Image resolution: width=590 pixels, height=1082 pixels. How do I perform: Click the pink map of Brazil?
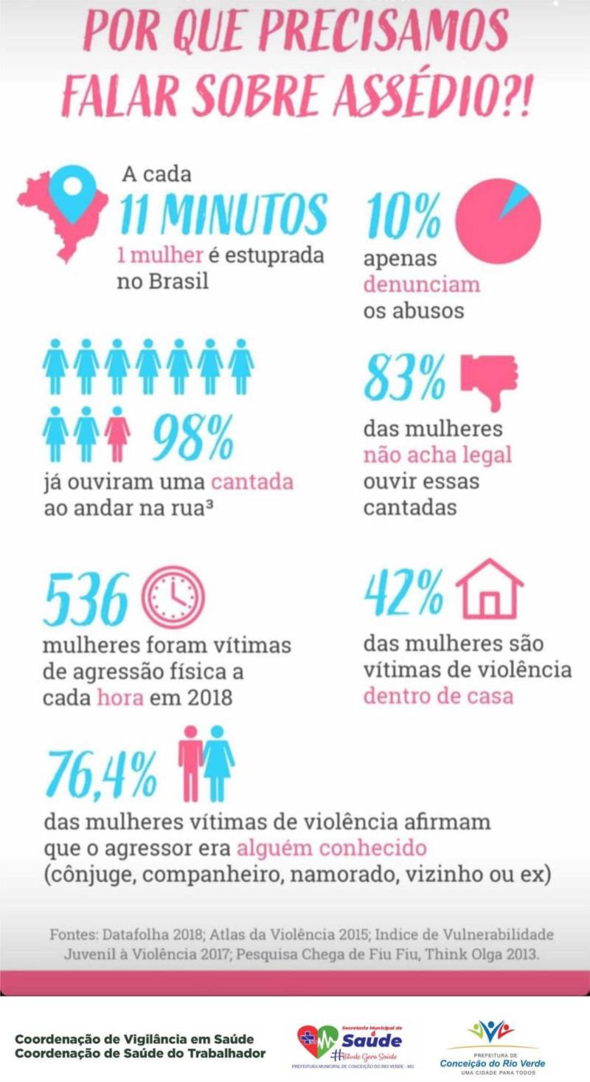pyautogui.click(x=44, y=221)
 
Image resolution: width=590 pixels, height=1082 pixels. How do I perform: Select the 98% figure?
pyautogui.click(x=193, y=437)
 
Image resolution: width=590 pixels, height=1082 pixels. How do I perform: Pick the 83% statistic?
pyautogui.click(x=405, y=377)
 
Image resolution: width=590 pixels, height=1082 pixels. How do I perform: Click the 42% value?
pyautogui.click(x=404, y=593)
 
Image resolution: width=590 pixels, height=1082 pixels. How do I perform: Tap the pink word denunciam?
pyautogui.click(x=421, y=284)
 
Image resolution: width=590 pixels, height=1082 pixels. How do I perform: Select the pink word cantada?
pyautogui.click(x=252, y=482)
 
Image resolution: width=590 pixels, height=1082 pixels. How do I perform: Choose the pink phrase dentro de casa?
pyautogui.click(x=438, y=695)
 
